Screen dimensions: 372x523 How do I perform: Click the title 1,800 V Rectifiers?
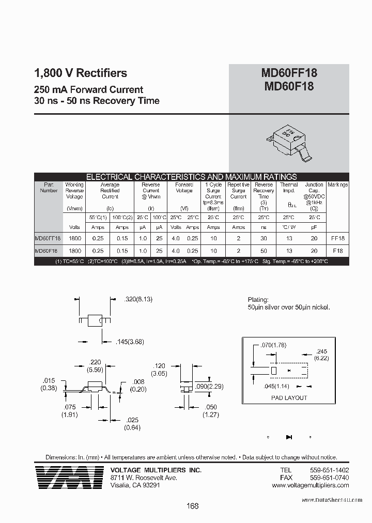pos(80,73)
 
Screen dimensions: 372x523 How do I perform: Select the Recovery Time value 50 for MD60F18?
pos(263,250)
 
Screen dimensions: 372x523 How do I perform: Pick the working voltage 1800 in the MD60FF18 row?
pos(74,238)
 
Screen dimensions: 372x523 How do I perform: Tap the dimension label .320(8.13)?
pos(138,299)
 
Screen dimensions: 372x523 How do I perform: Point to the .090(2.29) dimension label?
pos(209,387)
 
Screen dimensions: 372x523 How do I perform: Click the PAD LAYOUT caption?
pos(289,398)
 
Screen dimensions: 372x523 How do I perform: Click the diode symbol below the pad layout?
pos(289,437)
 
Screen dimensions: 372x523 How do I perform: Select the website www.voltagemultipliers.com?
pos(315,486)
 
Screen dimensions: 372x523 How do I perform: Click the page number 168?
pos(192,506)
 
